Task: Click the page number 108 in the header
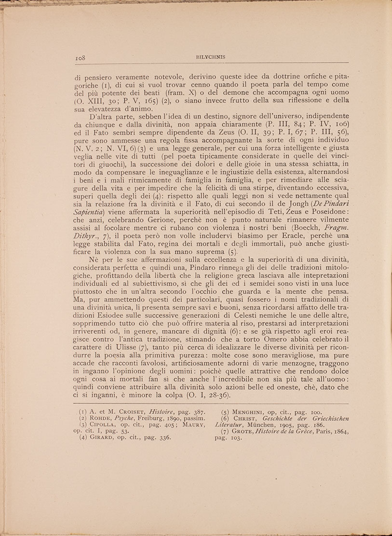[80, 57]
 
